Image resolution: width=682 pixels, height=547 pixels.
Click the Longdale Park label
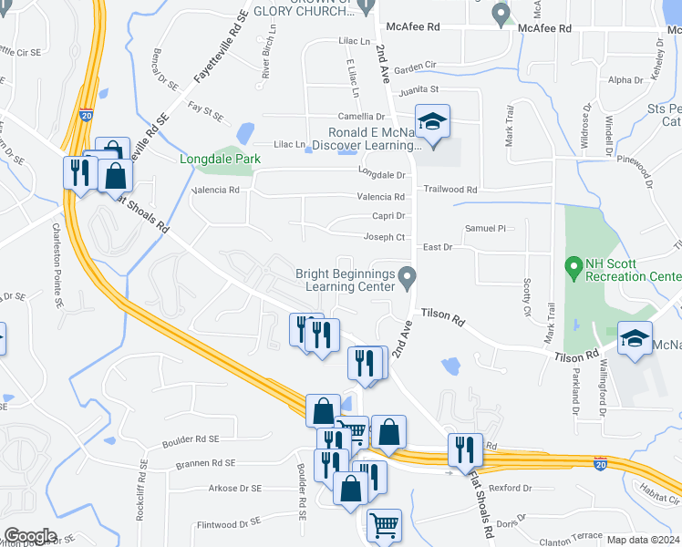[x=220, y=159]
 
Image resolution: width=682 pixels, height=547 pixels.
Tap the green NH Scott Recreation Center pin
[x=573, y=269]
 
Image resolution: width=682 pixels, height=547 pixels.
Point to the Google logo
[x=30, y=536]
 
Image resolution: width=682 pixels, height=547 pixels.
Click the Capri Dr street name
[x=388, y=216]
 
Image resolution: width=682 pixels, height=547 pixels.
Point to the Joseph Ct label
[x=384, y=237]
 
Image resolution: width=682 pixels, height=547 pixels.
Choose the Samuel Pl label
[x=484, y=228]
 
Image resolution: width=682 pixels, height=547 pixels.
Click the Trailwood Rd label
[x=450, y=190]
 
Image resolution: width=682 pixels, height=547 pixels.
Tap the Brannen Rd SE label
[x=206, y=463]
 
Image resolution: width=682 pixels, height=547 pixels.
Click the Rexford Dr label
[x=510, y=489]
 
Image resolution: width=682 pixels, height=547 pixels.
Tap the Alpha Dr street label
[x=625, y=80]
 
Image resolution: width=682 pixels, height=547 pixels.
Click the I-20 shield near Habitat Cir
[x=599, y=464]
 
